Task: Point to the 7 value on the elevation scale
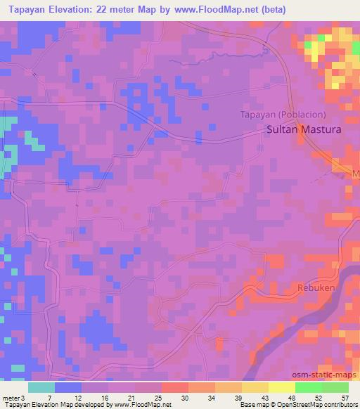(x=49, y=398)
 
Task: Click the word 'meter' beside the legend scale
(x=11, y=398)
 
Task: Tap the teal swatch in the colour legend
(x=41, y=387)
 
